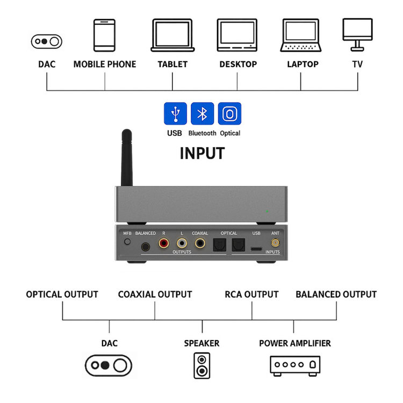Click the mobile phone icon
[x=104, y=36]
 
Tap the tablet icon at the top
[x=172, y=36]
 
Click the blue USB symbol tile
[x=175, y=114]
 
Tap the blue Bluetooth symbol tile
[x=202, y=114]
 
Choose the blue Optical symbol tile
[x=229, y=114]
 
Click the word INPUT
[x=201, y=153]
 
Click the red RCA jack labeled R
[x=163, y=244]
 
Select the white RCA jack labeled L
[x=182, y=244]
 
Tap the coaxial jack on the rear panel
[x=200, y=244]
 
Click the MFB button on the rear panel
[x=127, y=242]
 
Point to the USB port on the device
[x=256, y=248]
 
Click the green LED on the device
[x=267, y=212]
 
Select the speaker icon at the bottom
[x=201, y=365]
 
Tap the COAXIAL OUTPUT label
[x=155, y=294]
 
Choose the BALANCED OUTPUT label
[x=336, y=294]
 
